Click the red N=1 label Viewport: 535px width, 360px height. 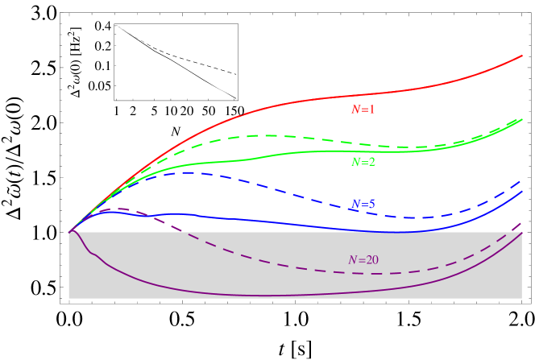[x=363, y=110]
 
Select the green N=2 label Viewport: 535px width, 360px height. [x=363, y=162]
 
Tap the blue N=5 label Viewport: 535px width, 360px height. [x=363, y=205]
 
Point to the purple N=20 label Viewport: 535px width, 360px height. [x=363, y=260]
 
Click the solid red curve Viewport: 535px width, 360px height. [x=242, y=114]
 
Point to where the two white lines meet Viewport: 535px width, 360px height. [x=117, y=26]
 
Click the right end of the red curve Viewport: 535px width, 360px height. [x=522, y=56]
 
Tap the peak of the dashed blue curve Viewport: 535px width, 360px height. [x=190, y=172]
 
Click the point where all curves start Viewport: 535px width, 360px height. [x=70, y=232]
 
